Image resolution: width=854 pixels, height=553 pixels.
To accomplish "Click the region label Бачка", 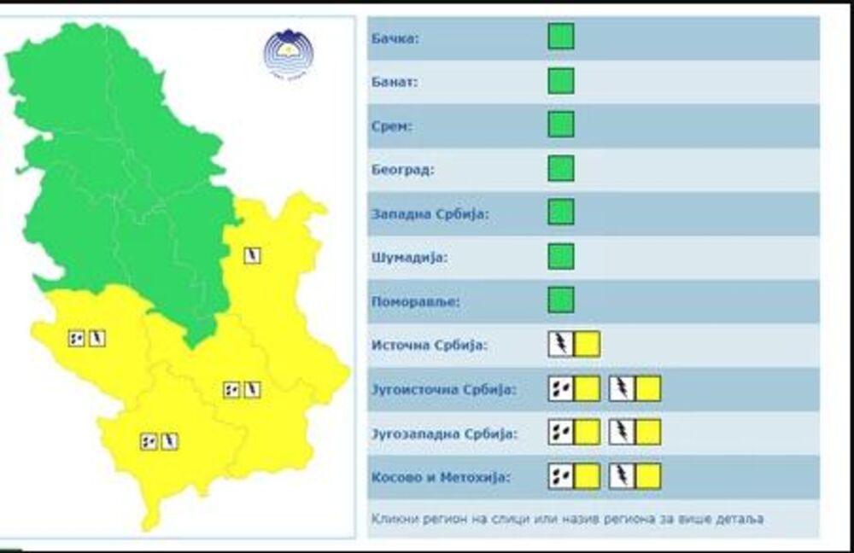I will click(x=395, y=39).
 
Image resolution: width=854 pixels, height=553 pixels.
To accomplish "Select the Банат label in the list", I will click(x=395, y=83).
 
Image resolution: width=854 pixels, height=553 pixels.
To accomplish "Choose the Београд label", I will click(x=403, y=170).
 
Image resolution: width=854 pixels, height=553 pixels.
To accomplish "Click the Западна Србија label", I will click(x=430, y=213).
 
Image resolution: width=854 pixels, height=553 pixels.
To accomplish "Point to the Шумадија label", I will click(x=410, y=257).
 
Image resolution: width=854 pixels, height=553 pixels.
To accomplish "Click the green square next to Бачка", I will click(x=561, y=37).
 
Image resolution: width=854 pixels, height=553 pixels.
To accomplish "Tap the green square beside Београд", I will click(x=561, y=168).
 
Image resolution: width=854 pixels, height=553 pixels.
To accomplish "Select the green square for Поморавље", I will click(x=561, y=300).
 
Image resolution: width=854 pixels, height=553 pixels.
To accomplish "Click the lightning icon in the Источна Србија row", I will click(x=561, y=344).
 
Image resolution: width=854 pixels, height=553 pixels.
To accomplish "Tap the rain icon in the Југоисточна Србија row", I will click(x=561, y=388).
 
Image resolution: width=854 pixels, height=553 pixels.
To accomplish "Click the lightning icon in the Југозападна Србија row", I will click(x=622, y=432).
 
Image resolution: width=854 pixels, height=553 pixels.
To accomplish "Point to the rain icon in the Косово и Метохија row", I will click(x=561, y=475).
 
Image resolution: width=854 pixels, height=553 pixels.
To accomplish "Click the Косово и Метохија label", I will click(x=441, y=477).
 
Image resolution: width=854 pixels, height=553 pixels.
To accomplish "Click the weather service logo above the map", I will click(x=288, y=53).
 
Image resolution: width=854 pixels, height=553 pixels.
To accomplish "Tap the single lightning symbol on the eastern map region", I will click(x=252, y=255).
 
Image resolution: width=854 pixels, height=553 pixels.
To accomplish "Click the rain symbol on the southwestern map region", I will click(x=77, y=338).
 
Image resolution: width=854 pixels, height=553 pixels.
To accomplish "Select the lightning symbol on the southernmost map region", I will click(x=170, y=441).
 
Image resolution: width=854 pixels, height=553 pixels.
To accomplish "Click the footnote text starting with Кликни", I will click(x=567, y=518).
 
